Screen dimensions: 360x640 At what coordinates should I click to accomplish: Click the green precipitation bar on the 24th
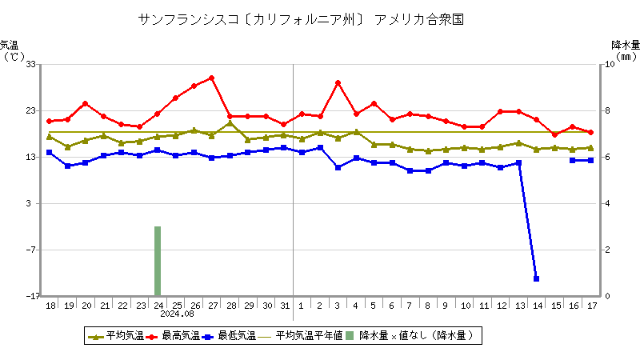coord(158,261)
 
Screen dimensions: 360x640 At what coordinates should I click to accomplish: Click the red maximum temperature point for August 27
coord(212,78)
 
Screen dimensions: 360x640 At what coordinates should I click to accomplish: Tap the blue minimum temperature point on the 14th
coord(536,278)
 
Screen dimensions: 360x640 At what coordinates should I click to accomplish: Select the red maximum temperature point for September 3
coord(338,82)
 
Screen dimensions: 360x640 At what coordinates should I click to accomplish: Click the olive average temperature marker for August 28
coord(230,123)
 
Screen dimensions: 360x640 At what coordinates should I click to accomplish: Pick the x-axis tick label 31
coord(284,306)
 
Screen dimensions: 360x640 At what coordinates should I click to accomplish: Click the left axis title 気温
coord(9,45)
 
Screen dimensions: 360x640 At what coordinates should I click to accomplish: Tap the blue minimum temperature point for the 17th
coord(590,160)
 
